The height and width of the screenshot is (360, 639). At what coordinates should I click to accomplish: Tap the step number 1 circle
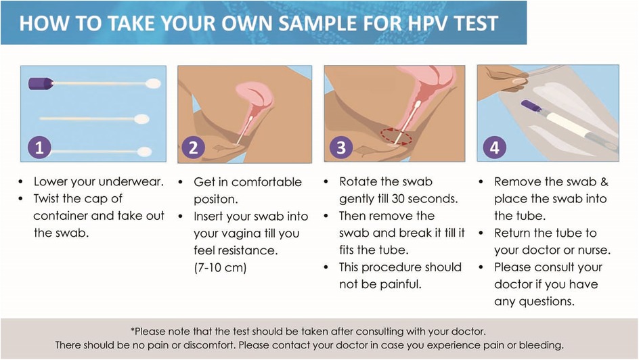click(x=39, y=147)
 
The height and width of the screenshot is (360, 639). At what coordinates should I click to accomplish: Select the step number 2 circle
click(x=193, y=147)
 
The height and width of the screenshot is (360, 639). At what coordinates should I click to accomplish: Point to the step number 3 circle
click(x=340, y=147)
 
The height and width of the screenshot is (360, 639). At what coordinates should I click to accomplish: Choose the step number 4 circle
click(x=494, y=147)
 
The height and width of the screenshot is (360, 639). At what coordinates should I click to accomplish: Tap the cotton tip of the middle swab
click(x=141, y=119)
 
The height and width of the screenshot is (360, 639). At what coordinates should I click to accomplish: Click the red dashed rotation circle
click(x=396, y=137)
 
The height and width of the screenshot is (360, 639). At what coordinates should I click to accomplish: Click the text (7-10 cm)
click(x=220, y=267)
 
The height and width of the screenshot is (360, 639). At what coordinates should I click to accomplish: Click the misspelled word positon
click(x=215, y=199)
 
